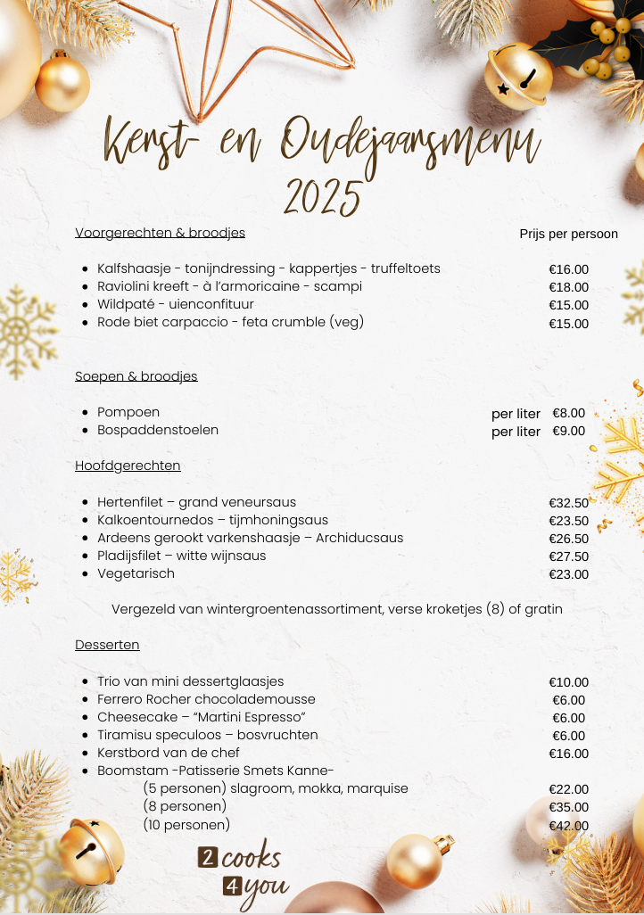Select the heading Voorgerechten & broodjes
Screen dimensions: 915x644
click(160, 233)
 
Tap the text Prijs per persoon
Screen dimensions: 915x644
click(568, 234)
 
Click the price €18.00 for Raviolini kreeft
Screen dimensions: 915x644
click(568, 287)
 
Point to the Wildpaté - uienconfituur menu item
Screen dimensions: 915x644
click(176, 304)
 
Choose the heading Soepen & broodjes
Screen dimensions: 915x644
click(136, 376)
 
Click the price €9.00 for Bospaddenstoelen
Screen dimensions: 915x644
click(568, 431)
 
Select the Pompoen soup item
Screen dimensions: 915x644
click(128, 412)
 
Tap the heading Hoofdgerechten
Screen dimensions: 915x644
click(128, 466)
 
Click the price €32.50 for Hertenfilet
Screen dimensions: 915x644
click(568, 503)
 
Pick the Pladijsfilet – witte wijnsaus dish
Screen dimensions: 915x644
click(181, 556)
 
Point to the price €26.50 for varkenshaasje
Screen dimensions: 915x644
click(568, 539)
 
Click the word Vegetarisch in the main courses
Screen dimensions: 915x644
click(136, 573)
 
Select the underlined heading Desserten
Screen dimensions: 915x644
click(107, 645)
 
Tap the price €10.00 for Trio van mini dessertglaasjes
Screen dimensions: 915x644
click(568, 682)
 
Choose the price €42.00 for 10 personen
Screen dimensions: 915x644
click(568, 825)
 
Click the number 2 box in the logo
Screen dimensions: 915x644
click(208, 859)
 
